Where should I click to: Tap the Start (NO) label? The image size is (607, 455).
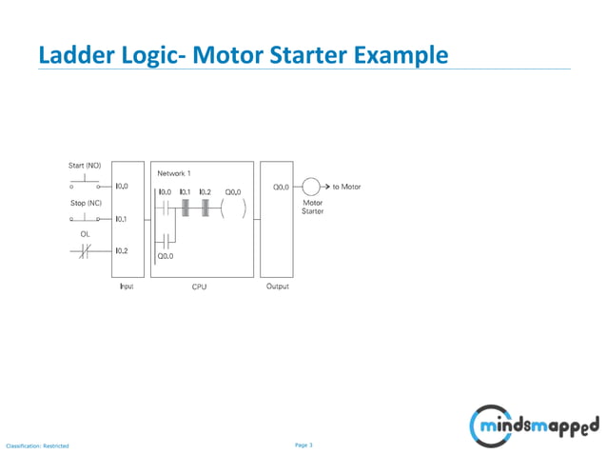click(x=84, y=166)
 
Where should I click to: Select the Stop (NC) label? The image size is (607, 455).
click(x=84, y=204)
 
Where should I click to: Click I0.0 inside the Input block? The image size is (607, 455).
click(x=122, y=187)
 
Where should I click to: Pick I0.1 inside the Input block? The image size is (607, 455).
click(x=122, y=219)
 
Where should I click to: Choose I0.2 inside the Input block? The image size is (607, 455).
click(x=122, y=251)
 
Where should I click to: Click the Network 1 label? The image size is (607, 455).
click(x=174, y=173)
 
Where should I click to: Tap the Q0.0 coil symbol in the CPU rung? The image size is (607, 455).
click(x=233, y=208)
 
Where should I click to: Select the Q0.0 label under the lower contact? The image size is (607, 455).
click(x=166, y=255)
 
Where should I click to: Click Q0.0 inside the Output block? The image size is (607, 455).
click(x=281, y=188)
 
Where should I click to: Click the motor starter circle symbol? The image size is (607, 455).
click(x=310, y=187)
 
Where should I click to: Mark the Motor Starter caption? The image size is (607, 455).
click(x=312, y=207)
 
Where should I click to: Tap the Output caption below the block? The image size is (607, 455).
click(x=277, y=287)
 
